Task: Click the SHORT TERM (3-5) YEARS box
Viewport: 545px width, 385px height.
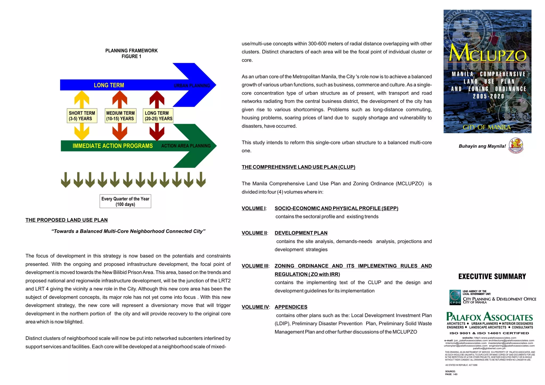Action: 82,116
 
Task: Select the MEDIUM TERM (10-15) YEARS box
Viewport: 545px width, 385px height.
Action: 121,116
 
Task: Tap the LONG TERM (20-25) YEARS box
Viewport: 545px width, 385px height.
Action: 158,116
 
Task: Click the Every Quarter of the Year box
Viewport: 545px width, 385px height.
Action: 125,201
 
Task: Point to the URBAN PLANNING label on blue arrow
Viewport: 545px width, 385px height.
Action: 192,86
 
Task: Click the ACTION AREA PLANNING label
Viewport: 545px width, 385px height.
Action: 186,146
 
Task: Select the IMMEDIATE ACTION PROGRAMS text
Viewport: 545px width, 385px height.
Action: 113,146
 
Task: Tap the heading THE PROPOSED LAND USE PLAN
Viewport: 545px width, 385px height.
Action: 67,220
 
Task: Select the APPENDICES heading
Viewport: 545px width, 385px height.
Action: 291,307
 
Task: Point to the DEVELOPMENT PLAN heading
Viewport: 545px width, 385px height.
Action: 301,233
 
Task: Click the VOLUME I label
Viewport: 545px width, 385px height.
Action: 254,208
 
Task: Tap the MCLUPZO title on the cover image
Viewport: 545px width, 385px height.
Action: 488,53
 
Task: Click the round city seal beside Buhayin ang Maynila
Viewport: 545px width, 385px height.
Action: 516,146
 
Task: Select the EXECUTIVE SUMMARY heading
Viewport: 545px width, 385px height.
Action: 492,277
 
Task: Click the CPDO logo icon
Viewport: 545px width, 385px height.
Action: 455,297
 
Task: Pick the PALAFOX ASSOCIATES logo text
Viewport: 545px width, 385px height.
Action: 490,317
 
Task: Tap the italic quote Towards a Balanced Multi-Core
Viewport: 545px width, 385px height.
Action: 128,231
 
